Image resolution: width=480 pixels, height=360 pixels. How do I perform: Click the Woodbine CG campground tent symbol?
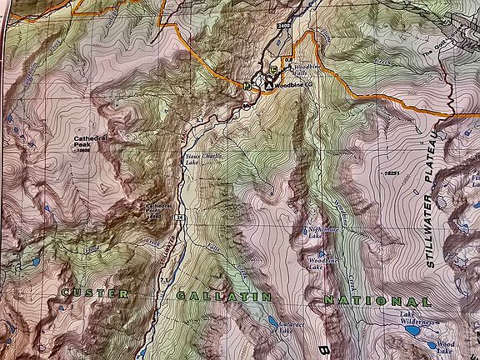[268, 84]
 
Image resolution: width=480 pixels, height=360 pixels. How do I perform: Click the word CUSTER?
[94, 294]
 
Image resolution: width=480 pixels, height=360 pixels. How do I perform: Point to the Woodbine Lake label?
[317, 264]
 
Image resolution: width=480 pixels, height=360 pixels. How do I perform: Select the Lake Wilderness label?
[417, 320]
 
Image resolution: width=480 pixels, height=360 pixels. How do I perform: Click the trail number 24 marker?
[178, 218]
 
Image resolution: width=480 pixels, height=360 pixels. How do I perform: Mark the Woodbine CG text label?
[293, 84]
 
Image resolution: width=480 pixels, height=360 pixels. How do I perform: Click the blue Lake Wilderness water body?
[411, 331]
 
